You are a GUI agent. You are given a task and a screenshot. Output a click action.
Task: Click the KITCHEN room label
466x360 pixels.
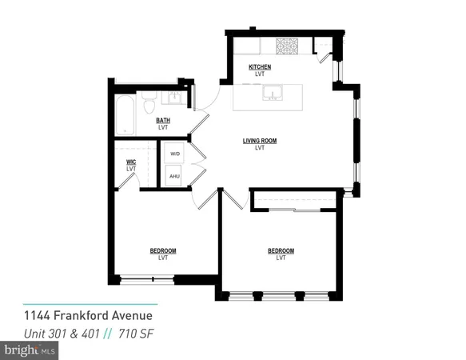259,66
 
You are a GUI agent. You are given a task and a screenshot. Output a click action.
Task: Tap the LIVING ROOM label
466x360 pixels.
259,141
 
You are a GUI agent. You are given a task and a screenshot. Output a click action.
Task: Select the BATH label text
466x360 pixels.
163,121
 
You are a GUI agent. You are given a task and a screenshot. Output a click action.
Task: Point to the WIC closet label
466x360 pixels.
131,162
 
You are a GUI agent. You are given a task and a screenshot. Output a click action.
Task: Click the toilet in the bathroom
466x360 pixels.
149,105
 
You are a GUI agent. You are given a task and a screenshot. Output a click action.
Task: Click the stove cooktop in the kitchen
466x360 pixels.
285,46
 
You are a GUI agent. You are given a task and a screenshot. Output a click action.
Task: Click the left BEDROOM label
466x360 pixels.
163,251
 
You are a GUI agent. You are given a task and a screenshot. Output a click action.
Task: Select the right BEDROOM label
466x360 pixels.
281,251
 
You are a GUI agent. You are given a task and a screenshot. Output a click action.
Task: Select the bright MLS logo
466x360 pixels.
30,350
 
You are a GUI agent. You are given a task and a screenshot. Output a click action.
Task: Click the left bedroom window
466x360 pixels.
147,279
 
